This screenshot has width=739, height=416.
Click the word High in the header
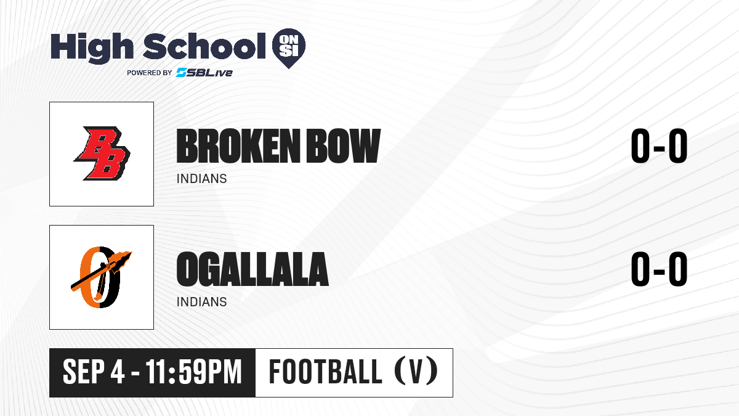92,47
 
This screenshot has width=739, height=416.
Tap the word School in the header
204,46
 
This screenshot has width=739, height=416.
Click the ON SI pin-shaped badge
289,48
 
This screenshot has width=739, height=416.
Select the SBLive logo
204,72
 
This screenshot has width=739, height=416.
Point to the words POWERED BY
150,73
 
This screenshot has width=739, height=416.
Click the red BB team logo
102,153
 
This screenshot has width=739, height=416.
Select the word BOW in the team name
344,146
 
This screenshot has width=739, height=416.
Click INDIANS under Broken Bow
201,179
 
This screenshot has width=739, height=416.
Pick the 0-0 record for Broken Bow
659,146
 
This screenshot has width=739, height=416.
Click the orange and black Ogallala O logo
101,277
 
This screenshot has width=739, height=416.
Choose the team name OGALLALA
252,269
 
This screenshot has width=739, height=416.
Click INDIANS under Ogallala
201,302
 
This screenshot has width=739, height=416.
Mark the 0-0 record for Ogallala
659,269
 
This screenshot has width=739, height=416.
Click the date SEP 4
94,372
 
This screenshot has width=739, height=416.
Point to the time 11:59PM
194,372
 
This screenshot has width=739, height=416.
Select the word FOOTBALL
325,372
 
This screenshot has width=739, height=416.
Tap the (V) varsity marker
416,372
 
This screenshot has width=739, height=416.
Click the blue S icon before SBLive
182,72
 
